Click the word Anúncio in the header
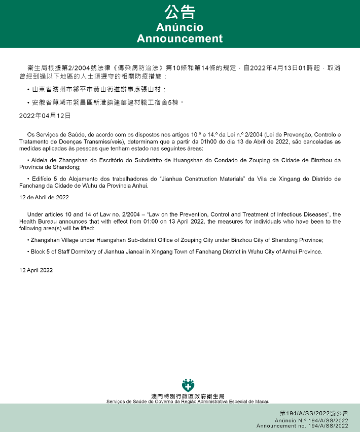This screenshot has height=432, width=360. coord(179,27)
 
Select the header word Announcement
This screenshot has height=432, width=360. coord(179,39)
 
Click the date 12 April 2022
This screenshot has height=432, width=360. coord(36,270)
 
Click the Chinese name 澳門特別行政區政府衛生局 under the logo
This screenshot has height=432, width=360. coord(188,396)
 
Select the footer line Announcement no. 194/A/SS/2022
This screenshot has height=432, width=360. coord(302,426)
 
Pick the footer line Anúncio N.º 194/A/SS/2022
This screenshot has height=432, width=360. coord(311,420)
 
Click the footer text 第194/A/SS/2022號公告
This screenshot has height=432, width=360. coord(314,414)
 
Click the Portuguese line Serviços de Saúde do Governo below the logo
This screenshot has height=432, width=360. coord(188,401)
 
